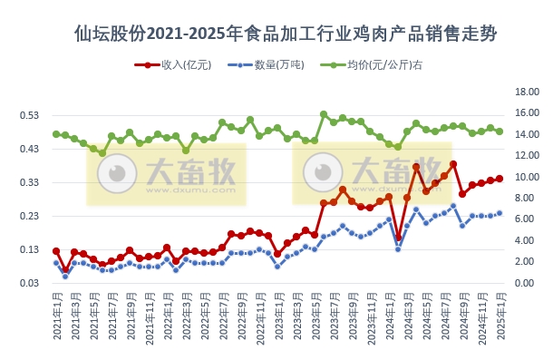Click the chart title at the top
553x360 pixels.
coord(276,34)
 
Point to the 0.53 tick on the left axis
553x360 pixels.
coord(29,115)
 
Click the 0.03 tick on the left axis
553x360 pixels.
coord(29,283)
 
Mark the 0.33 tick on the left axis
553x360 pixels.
coord(29,182)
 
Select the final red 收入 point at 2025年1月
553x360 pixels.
coord(500,179)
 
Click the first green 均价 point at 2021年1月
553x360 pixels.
coord(56,134)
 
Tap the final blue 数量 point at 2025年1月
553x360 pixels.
coord(500,213)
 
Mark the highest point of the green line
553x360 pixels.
coord(324,114)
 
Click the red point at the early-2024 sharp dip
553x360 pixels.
coord(398,238)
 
